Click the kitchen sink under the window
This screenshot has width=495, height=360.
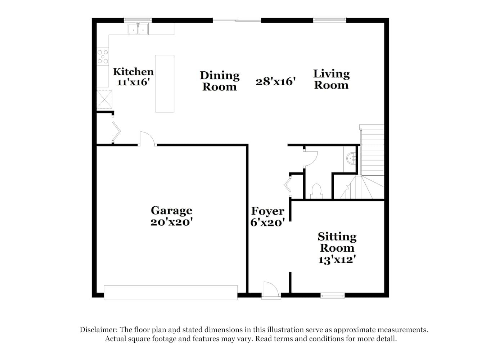(x=138, y=29)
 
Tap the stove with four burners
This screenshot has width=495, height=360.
(x=103, y=57)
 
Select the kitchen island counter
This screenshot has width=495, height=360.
(x=165, y=84)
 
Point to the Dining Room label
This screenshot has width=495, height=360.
(x=220, y=81)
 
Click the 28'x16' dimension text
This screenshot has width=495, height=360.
(x=275, y=81)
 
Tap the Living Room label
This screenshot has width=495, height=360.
(x=331, y=79)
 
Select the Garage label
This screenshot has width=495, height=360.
(x=171, y=211)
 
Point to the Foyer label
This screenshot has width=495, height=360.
(x=267, y=211)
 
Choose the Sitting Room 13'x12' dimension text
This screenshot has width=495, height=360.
(x=337, y=260)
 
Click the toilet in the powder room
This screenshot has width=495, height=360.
(x=316, y=191)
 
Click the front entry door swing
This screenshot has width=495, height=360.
(x=271, y=288)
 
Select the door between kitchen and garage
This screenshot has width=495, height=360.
(x=147, y=139)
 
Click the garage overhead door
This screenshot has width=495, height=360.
(x=171, y=293)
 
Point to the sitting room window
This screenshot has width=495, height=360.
(x=333, y=296)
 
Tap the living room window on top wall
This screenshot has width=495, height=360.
(x=329, y=20)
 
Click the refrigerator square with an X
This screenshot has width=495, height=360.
(x=104, y=99)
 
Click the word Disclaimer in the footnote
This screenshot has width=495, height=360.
(x=99, y=329)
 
